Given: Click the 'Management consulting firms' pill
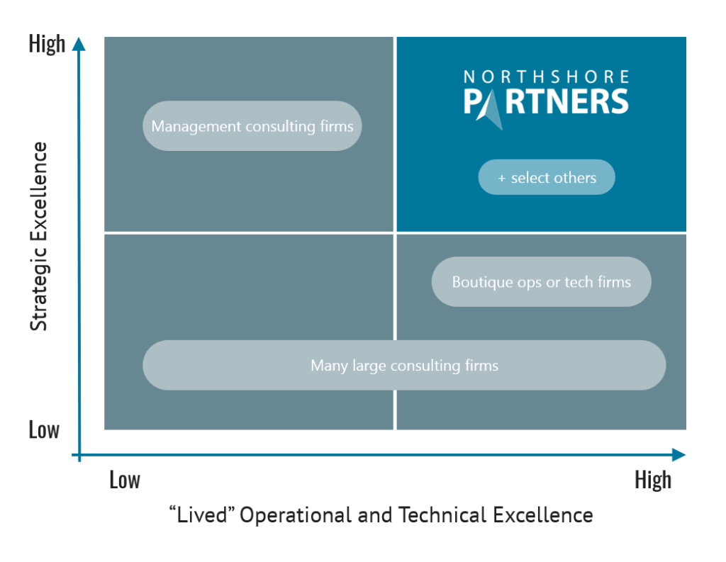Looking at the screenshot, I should (x=252, y=126).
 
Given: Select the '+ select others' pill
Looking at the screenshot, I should (x=547, y=177).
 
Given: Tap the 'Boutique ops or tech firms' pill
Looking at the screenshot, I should (x=541, y=282).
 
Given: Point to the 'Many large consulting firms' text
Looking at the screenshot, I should (x=404, y=366).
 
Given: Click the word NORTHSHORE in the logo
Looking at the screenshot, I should (x=546, y=77).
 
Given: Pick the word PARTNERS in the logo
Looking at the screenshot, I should (x=546, y=101).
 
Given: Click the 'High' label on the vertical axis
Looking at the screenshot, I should (x=47, y=43).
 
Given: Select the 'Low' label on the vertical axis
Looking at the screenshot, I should (x=44, y=429).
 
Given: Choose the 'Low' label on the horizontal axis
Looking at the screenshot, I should (x=125, y=480).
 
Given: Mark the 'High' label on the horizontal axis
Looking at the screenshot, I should (x=652, y=480).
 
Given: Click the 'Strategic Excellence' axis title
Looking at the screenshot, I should (x=40, y=236).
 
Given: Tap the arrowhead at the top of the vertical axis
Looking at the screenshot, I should (x=79, y=43).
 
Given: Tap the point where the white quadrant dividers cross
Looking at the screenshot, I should (x=395, y=232).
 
